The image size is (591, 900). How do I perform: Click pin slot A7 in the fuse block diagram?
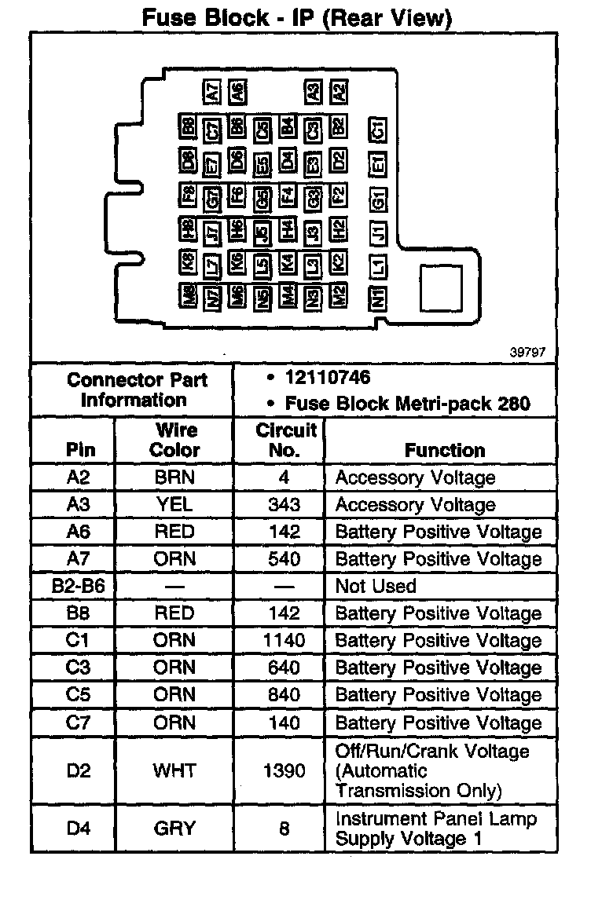[212, 93]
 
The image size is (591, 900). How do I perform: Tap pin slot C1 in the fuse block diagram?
[378, 131]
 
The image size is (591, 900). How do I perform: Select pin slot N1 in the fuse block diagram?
[378, 297]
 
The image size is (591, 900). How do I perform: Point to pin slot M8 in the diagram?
[188, 296]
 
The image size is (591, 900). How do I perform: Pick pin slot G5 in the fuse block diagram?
[263, 197]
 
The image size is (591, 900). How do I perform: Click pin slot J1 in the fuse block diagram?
[378, 232]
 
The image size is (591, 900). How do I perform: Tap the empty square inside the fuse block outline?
[441, 288]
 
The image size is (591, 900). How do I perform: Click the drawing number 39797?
[527, 353]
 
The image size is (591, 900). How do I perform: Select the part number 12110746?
[328, 379]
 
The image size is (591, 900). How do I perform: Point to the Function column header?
[445, 450]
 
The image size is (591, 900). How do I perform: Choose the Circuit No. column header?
[285, 440]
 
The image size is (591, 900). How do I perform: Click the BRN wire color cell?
[174, 477]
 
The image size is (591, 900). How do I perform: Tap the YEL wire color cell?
[174, 505]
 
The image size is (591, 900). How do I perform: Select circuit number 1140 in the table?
[284, 641]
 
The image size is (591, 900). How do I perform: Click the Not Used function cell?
[376, 587]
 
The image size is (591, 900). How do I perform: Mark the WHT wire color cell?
[174, 770]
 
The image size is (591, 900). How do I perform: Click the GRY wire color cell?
[174, 829]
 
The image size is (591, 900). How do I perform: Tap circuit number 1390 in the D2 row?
[284, 770]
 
